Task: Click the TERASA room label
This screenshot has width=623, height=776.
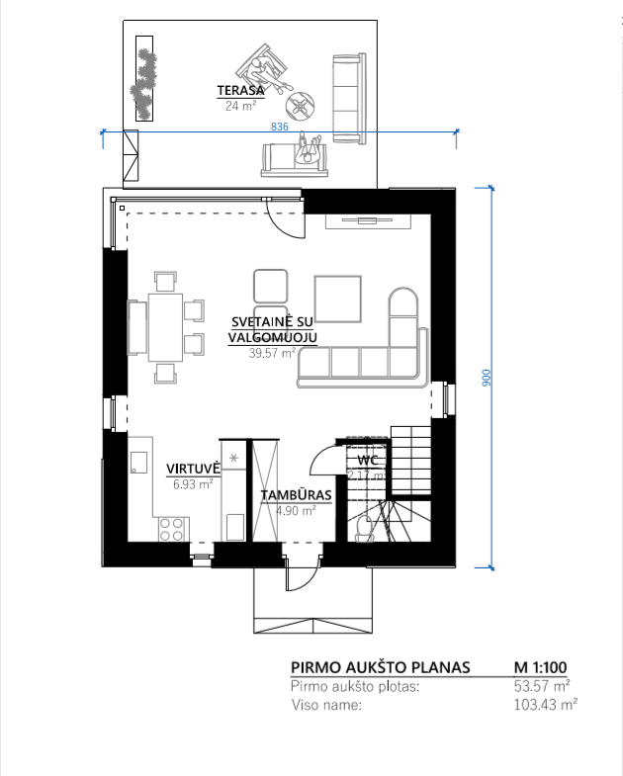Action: click(x=240, y=91)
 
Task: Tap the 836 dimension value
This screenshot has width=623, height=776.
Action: click(x=279, y=127)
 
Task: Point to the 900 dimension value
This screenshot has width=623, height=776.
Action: click(x=487, y=378)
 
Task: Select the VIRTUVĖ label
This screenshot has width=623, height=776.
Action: click(x=193, y=469)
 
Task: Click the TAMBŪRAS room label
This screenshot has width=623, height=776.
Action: click(x=296, y=495)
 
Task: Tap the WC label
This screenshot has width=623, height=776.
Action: click(x=368, y=461)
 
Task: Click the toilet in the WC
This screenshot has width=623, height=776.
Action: click(x=364, y=529)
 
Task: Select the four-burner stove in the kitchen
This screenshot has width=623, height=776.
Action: click(x=171, y=529)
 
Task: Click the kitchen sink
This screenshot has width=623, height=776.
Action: click(x=138, y=463)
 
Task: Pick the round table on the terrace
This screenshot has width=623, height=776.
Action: click(x=300, y=106)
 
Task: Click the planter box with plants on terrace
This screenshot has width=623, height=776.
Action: click(x=144, y=78)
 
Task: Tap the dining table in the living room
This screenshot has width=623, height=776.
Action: click(x=165, y=327)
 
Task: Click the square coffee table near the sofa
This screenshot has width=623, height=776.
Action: click(x=338, y=299)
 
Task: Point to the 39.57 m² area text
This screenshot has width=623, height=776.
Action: click(x=272, y=353)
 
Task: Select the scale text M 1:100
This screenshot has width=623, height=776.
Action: click(x=540, y=667)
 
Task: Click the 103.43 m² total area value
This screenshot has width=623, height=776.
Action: click(x=546, y=704)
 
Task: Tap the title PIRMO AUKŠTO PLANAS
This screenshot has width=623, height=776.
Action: click(x=380, y=667)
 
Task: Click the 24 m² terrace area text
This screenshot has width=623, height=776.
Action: click(x=240, y=106)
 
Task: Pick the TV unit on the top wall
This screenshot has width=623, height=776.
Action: click(x=368, y=221)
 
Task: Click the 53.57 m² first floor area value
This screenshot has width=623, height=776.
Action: click(x=542, y=686)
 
